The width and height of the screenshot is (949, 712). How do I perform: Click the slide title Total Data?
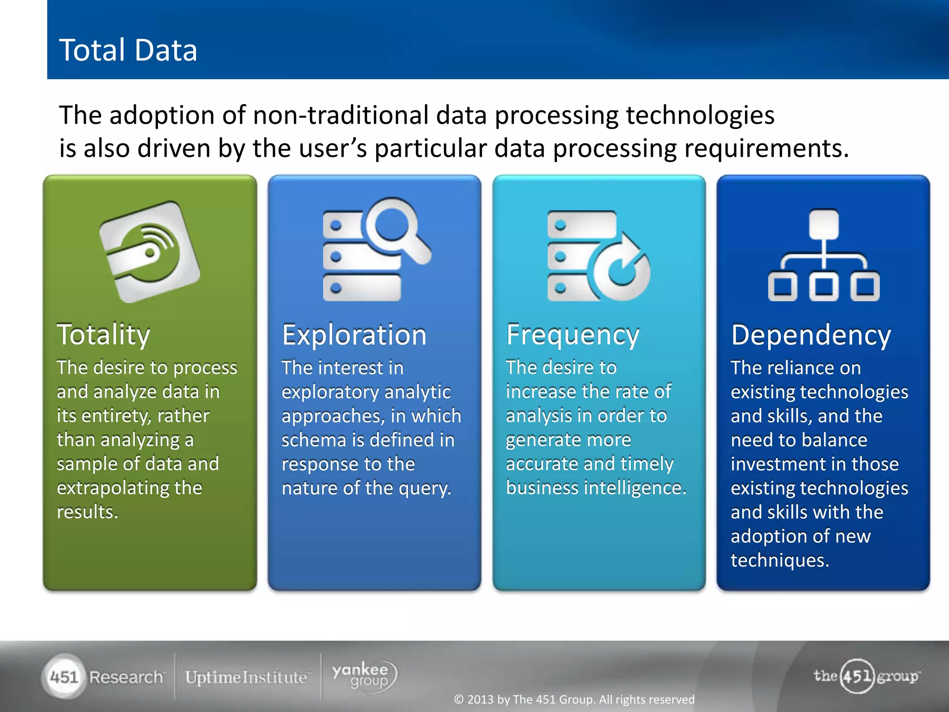tap(128, 50)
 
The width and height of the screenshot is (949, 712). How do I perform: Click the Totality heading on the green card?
tap(103, 335)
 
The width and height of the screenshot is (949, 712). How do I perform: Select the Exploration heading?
tap(354, 335)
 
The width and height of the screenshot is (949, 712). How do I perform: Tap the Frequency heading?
tap(573, 335)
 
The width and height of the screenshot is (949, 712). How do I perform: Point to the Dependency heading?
tap(811, 335)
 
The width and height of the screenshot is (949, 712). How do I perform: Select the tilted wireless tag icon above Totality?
tap(149, 252)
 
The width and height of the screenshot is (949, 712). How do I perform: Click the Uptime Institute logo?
tap(246, 677)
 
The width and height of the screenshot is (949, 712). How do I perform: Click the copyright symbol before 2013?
tap(459, 699)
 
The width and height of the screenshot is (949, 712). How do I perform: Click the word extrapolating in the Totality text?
tap(113, 488)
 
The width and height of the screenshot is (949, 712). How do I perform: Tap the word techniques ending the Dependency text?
tap(779, 560)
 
